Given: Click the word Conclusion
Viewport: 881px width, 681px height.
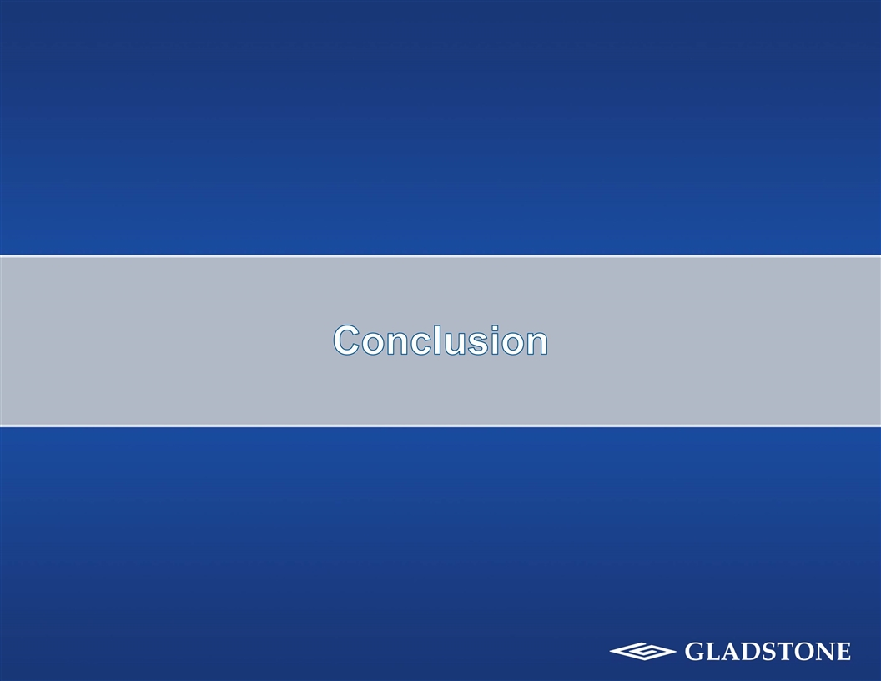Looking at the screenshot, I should click(x=440, y=340).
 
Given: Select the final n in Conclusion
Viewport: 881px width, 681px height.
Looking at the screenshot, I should click(x=534, y=343).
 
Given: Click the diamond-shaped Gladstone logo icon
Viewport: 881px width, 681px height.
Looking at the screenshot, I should click(x=642, y=651).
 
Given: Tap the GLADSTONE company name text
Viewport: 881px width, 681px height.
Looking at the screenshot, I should click(x=768, y=651).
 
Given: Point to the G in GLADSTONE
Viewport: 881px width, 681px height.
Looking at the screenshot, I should click(x=695, y=651).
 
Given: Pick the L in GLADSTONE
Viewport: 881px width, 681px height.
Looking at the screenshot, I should click(x=713, y=651).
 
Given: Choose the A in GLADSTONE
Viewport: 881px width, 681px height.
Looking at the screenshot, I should click(x=731, y=651).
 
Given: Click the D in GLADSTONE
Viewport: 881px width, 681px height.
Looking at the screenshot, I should click(x=750, y=651).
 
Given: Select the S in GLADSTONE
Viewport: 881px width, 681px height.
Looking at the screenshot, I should click(x=768, y=651).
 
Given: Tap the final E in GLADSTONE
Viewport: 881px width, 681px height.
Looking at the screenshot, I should click(x=843, y=651).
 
